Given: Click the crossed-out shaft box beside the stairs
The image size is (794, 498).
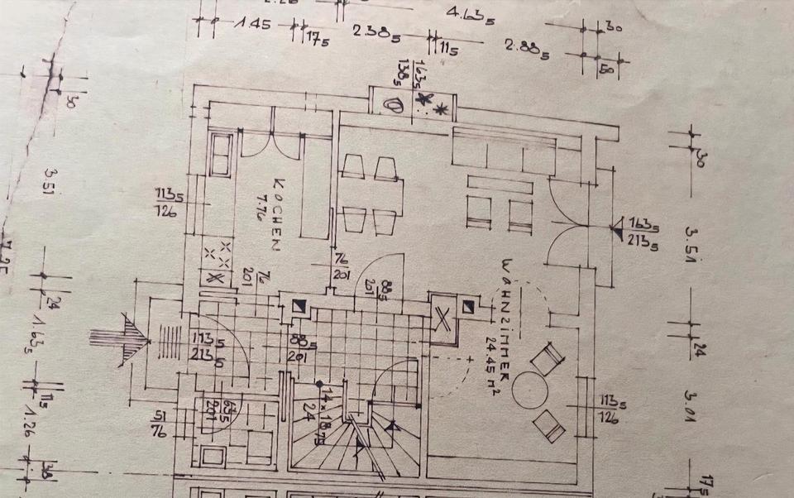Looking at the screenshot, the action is pos(444,318).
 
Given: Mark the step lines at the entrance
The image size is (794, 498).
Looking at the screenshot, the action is pos(169,340).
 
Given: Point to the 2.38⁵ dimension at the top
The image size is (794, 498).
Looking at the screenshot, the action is pos(377,33).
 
